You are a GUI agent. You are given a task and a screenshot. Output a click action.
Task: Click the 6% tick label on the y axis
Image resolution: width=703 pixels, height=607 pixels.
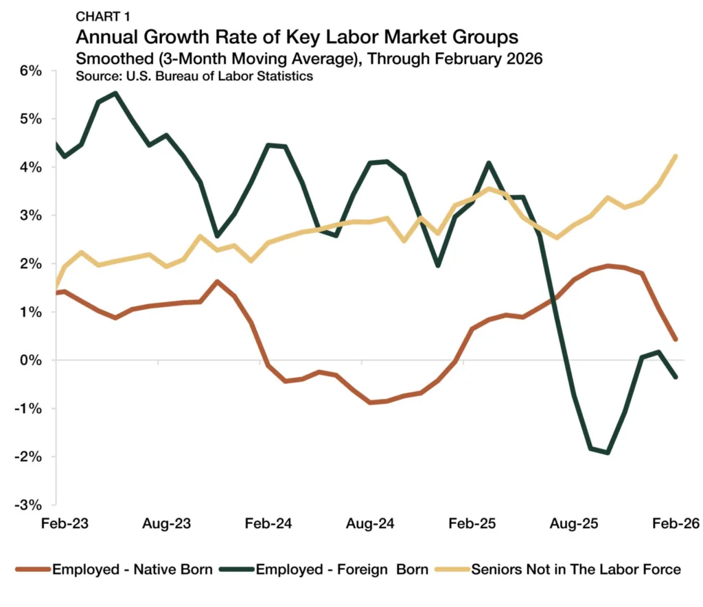31,71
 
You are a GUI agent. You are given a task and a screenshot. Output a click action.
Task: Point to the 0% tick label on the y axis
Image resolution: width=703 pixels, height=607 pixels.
31,360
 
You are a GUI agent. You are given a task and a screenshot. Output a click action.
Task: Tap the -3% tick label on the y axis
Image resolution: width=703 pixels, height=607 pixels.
28,505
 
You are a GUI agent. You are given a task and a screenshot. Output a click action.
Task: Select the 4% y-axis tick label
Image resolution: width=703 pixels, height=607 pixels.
31,167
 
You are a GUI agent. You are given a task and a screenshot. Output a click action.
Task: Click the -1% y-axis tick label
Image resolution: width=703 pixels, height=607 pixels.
28,409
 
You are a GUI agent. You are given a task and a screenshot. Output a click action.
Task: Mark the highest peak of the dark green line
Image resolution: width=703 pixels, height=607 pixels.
115,93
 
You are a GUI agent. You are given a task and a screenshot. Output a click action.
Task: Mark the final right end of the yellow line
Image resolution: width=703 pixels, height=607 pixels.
676,156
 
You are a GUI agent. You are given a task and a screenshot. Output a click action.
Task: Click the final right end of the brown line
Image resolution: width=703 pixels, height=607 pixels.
676,339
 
